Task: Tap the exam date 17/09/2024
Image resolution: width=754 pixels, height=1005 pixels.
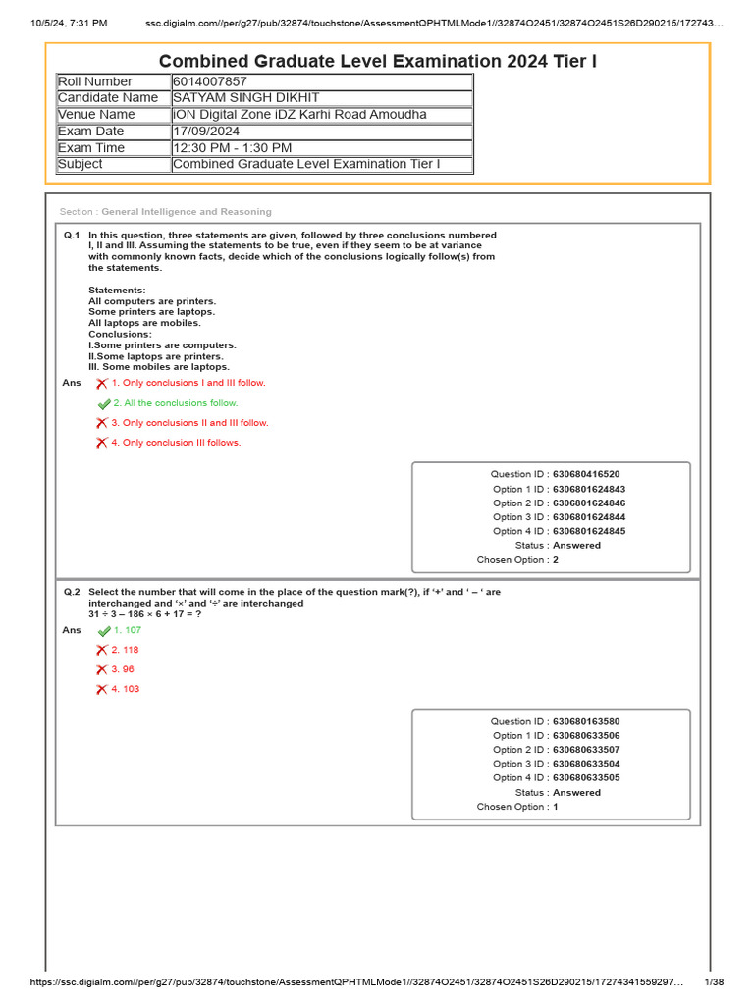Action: (205, 131)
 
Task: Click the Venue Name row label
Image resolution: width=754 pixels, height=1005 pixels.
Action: (96, 115)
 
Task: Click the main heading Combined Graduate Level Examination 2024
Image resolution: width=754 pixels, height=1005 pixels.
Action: (377, 62)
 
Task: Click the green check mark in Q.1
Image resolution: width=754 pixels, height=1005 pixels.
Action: (104, 404)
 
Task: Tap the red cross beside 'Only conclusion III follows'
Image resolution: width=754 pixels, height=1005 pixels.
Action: (101, 443)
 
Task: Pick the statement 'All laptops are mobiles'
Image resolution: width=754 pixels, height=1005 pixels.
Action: (144, 323)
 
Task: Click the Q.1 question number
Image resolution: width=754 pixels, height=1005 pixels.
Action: (71, 236)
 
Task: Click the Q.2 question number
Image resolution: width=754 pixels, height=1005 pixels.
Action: (71, 593)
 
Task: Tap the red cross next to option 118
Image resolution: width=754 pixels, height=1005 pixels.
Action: (101, 650)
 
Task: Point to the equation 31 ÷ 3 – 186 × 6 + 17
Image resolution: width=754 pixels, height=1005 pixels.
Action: (144, 614)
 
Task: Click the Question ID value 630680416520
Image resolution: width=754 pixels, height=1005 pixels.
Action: (586, 474)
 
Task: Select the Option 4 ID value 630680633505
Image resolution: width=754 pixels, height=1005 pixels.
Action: (586, 777)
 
